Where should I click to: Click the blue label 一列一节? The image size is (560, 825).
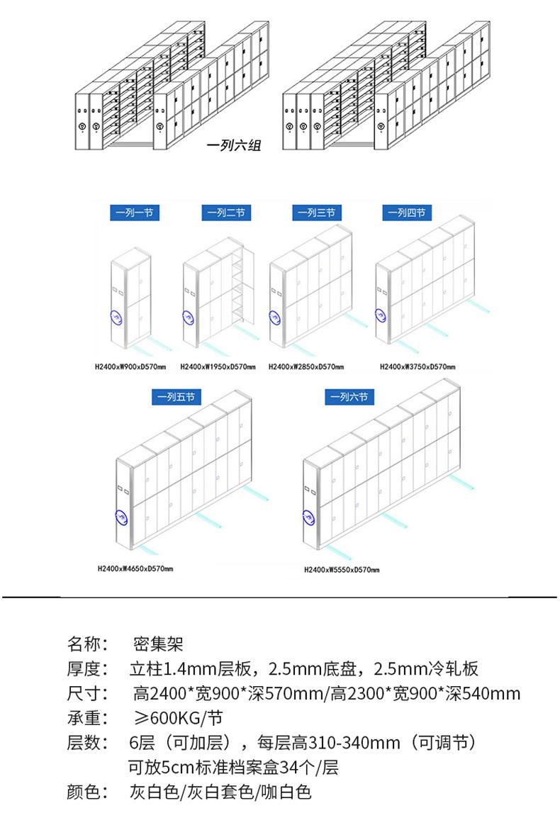[x=135, y=213]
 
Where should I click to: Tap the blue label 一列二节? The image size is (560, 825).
[x=226, y=213]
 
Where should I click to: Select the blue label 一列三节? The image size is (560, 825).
[x=317, y=213]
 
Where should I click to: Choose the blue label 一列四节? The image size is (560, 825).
[x=407, y=213]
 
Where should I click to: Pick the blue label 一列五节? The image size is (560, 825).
[x=177, y=396]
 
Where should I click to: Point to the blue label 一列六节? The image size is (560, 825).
[x=349, y=396]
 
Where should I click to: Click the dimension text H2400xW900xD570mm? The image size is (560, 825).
[x=130, y=366]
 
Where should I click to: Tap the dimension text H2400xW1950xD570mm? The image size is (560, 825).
[x=218, y=366]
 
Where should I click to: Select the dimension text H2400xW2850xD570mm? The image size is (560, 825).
[x=306, y=366]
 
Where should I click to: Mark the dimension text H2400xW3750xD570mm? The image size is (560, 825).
[x=418, y=366]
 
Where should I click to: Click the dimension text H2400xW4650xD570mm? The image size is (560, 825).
[x=135, y=568]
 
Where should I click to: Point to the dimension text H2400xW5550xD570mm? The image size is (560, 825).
[x=342, y=570]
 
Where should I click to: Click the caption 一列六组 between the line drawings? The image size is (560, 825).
[x=234, y=145]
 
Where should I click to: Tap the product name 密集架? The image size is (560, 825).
[x=158, y=644]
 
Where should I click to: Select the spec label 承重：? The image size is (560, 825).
[x=87, y=718]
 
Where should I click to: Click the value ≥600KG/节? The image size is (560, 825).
[x=179, y=718]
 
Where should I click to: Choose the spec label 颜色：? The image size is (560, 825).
[x=87, y=792]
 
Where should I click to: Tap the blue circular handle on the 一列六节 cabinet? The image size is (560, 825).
[x=309, y=518]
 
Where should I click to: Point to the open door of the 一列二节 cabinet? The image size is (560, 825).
[x=248, y=284]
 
